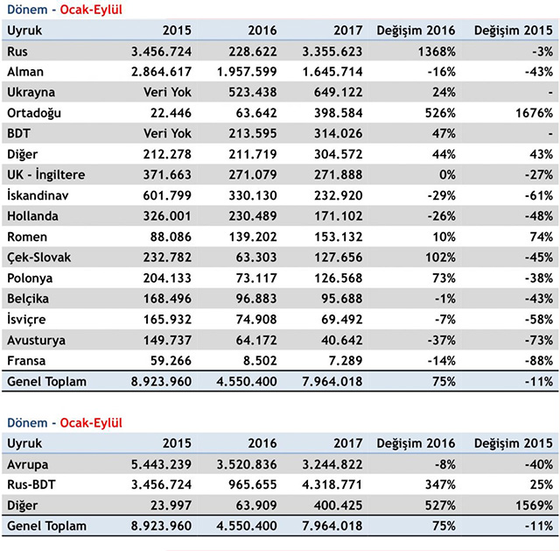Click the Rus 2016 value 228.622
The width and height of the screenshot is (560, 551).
(x=253, y=52)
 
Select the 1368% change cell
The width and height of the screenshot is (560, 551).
(x=437, y=52)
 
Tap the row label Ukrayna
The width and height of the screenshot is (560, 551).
(x=31, y=93)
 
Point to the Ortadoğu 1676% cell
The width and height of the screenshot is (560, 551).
(x=534, y=113)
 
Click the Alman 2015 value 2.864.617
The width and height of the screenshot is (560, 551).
(x=161, y=72)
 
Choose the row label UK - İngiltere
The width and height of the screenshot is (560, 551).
(x=46, y=175)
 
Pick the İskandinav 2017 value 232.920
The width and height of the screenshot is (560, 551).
(x=339, y=195)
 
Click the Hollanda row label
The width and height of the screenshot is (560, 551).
(x=32, y=216)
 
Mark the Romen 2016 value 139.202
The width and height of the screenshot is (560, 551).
(x=253, y=237)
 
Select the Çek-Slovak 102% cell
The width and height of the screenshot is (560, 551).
(x=440, y=258)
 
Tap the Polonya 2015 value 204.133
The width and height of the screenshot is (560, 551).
(x=167, y=279)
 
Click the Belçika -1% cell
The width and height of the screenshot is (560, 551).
(x=445, y=299)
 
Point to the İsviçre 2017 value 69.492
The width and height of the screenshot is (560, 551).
(x=342, y=320)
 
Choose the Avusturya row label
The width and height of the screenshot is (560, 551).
(x=36, y=341)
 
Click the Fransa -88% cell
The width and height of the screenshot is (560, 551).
(x=539, y=361)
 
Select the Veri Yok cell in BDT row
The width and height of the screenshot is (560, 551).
(x=167, y=134)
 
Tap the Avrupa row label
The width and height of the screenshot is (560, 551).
(x=27, y=465)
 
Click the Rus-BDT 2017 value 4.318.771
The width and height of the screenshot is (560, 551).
(x=332, y=484)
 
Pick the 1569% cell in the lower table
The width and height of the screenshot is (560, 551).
(x=534, y=505)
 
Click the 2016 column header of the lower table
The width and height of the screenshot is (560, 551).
(x=262, y=443)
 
